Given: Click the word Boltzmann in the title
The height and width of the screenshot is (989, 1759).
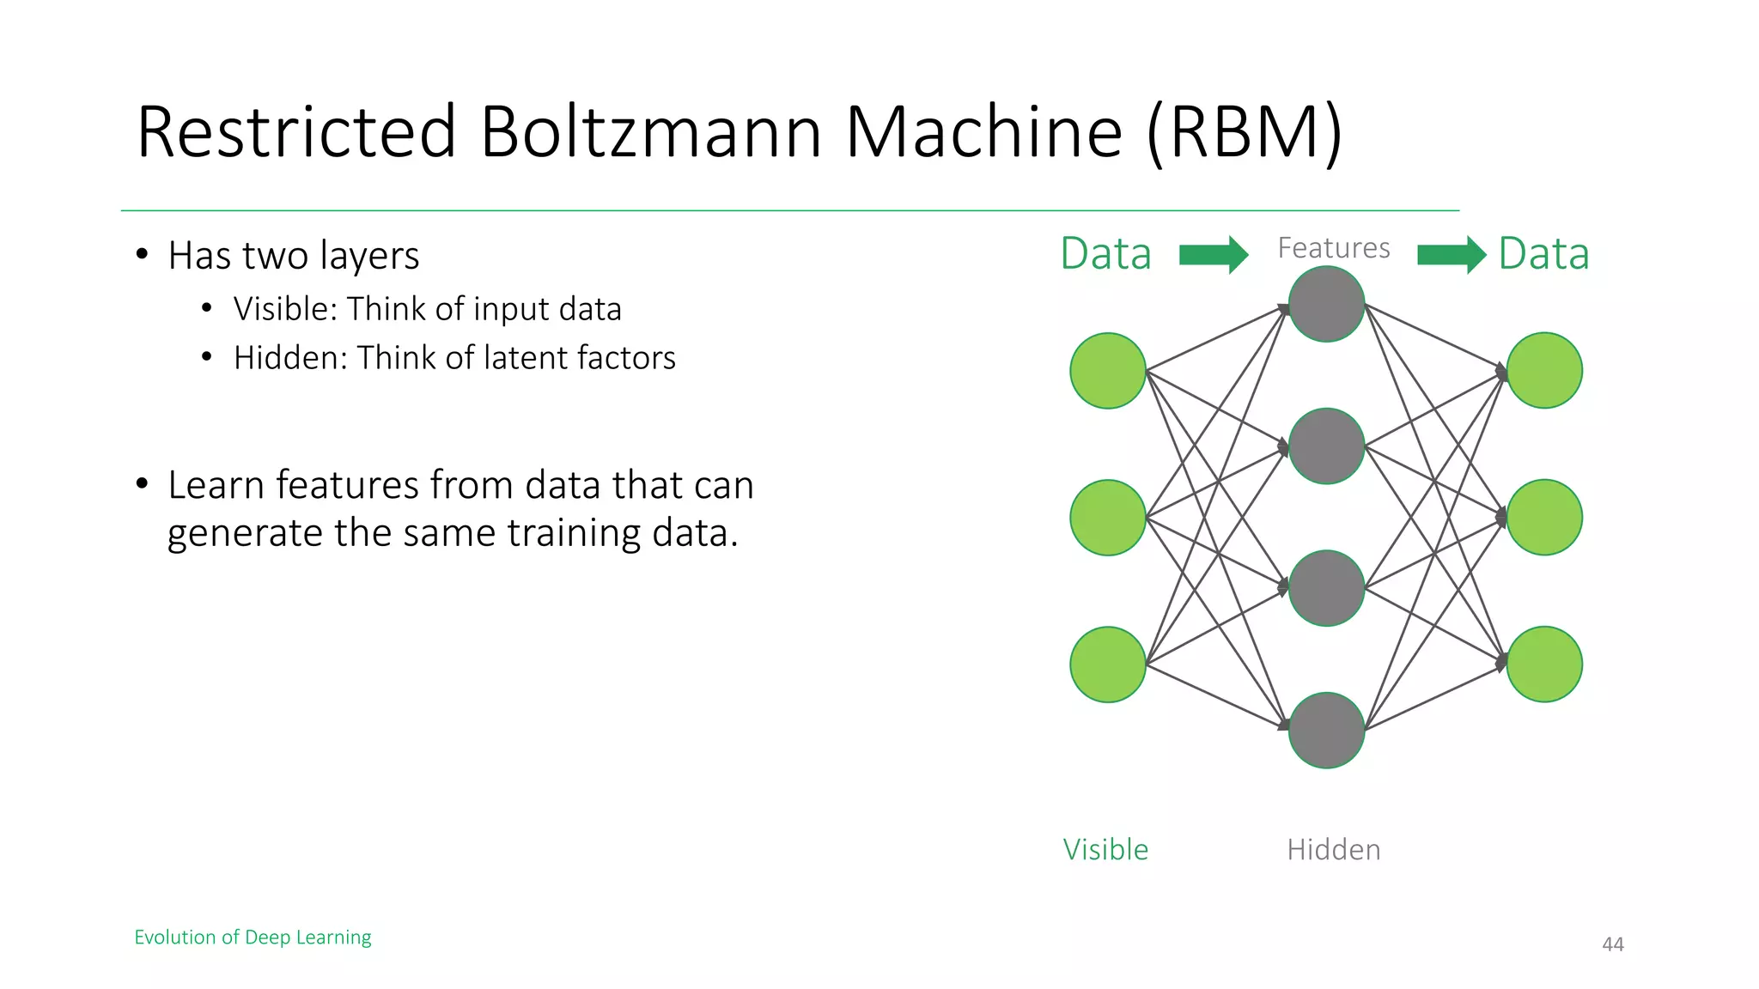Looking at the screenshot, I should pyautogui.click(x=650, y=132).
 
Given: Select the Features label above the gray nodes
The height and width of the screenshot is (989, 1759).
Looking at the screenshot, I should pyautogui.click(x=1333, y=248).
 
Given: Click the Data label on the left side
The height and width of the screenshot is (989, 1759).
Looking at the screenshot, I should pyautogui.click(x=1105, y=254).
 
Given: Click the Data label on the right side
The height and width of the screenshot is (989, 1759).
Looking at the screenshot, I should pyautogui.click(x=1543, y=254).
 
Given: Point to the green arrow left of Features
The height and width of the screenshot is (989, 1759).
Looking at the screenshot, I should pyautogui.click(x=1213, y=255).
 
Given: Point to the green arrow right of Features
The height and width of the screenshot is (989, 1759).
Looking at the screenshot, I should pyautogui.click(x=1451, y=255).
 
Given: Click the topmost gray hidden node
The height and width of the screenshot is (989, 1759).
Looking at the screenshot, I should pyautogui.click(x=1326, y=304).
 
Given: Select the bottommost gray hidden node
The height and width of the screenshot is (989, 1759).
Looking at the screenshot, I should pyautogui.click(x=1326, y=730).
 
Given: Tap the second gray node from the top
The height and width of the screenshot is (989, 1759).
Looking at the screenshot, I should pyautogui.click(x=1326, y=446).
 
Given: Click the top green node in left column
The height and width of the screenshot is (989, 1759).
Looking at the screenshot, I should pyautogui.click(x=1107, y=371).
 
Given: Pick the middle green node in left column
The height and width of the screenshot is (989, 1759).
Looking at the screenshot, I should pyautogui.click(x=1107, y=518).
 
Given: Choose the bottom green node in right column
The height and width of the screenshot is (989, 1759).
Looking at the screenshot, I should pyautogui.click(x=1544, y=664).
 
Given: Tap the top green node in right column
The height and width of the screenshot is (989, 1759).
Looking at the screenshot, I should pyautogui.click(x=1544, y=371).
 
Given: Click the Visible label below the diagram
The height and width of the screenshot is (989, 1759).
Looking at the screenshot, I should pyautogui.click(x=1105, y=850).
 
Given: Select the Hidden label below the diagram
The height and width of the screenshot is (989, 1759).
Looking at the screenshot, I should pyautogui.click(x=1333, y=850).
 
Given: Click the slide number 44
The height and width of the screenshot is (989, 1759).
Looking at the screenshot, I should pyautogui.click(x=1612, y=944).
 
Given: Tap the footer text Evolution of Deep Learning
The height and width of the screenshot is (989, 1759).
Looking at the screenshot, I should pyautogui.click(x=253, y=937).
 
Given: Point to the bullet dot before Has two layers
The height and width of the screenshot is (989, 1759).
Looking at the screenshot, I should pyautogui.click(x=143, y=254).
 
